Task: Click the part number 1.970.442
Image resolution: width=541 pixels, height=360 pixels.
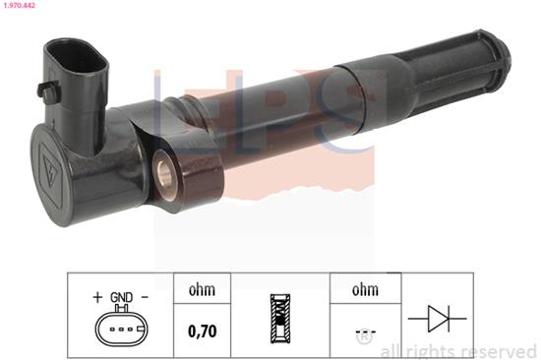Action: point(21,6)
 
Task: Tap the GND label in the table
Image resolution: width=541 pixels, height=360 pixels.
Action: point(121,296)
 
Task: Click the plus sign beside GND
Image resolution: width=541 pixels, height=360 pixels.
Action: point(97,296)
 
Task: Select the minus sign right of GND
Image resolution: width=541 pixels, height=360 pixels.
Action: point(145,296)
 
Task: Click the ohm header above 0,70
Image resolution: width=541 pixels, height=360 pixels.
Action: point(202,291)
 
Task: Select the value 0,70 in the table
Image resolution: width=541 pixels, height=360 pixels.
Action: point(202,331)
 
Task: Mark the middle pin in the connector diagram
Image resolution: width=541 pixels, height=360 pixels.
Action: point(120,329)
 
